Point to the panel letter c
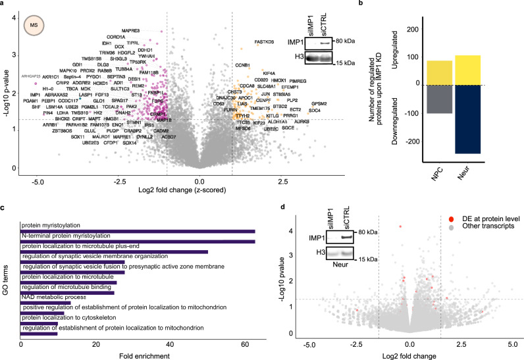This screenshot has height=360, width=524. pyautogui.click(x=3, y=207)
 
